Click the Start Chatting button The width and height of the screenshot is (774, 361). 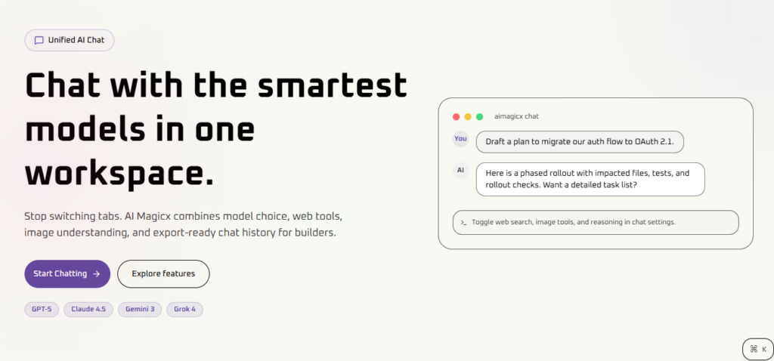pyautogui.click(x=67, y=273)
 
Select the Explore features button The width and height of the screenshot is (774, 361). pyautogui.click(x=163, y=273)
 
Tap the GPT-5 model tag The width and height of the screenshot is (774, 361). pyautogui.click(x=42, y=309)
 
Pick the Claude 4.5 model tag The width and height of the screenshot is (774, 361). pyautogui.click(x=88, y=309)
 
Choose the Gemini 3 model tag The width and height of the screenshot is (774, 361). pyautogui.click(x=139, y=309)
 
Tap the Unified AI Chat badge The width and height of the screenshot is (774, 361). pyautogui.click(x=70, y=41)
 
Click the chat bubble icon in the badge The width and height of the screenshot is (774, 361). pyautogui.click(x=39, y=41)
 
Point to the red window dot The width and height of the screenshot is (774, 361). pyautogui.click(x=456, y=117)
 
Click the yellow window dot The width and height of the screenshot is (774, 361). pyautogui.click(x=468, y=117)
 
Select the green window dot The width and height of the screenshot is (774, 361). pyautogui.click(x=479, y=117)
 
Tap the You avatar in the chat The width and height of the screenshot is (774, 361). pyautogui.click(x=460, y=139)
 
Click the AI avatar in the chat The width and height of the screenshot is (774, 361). pyautogui.click(x=460, y=170)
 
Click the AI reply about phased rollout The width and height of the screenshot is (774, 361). pyautogui.click(x=590, y=179)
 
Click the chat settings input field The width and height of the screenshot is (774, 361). pyautogui.click(x=595, y=222)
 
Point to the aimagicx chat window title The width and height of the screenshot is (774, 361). pyautogui.click(x=516, y=116)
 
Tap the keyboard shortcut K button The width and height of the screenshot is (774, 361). pyautogui.click(x=758, y=349)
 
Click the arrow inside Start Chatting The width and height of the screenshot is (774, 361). pyautogui.click(x=96, y=273)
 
